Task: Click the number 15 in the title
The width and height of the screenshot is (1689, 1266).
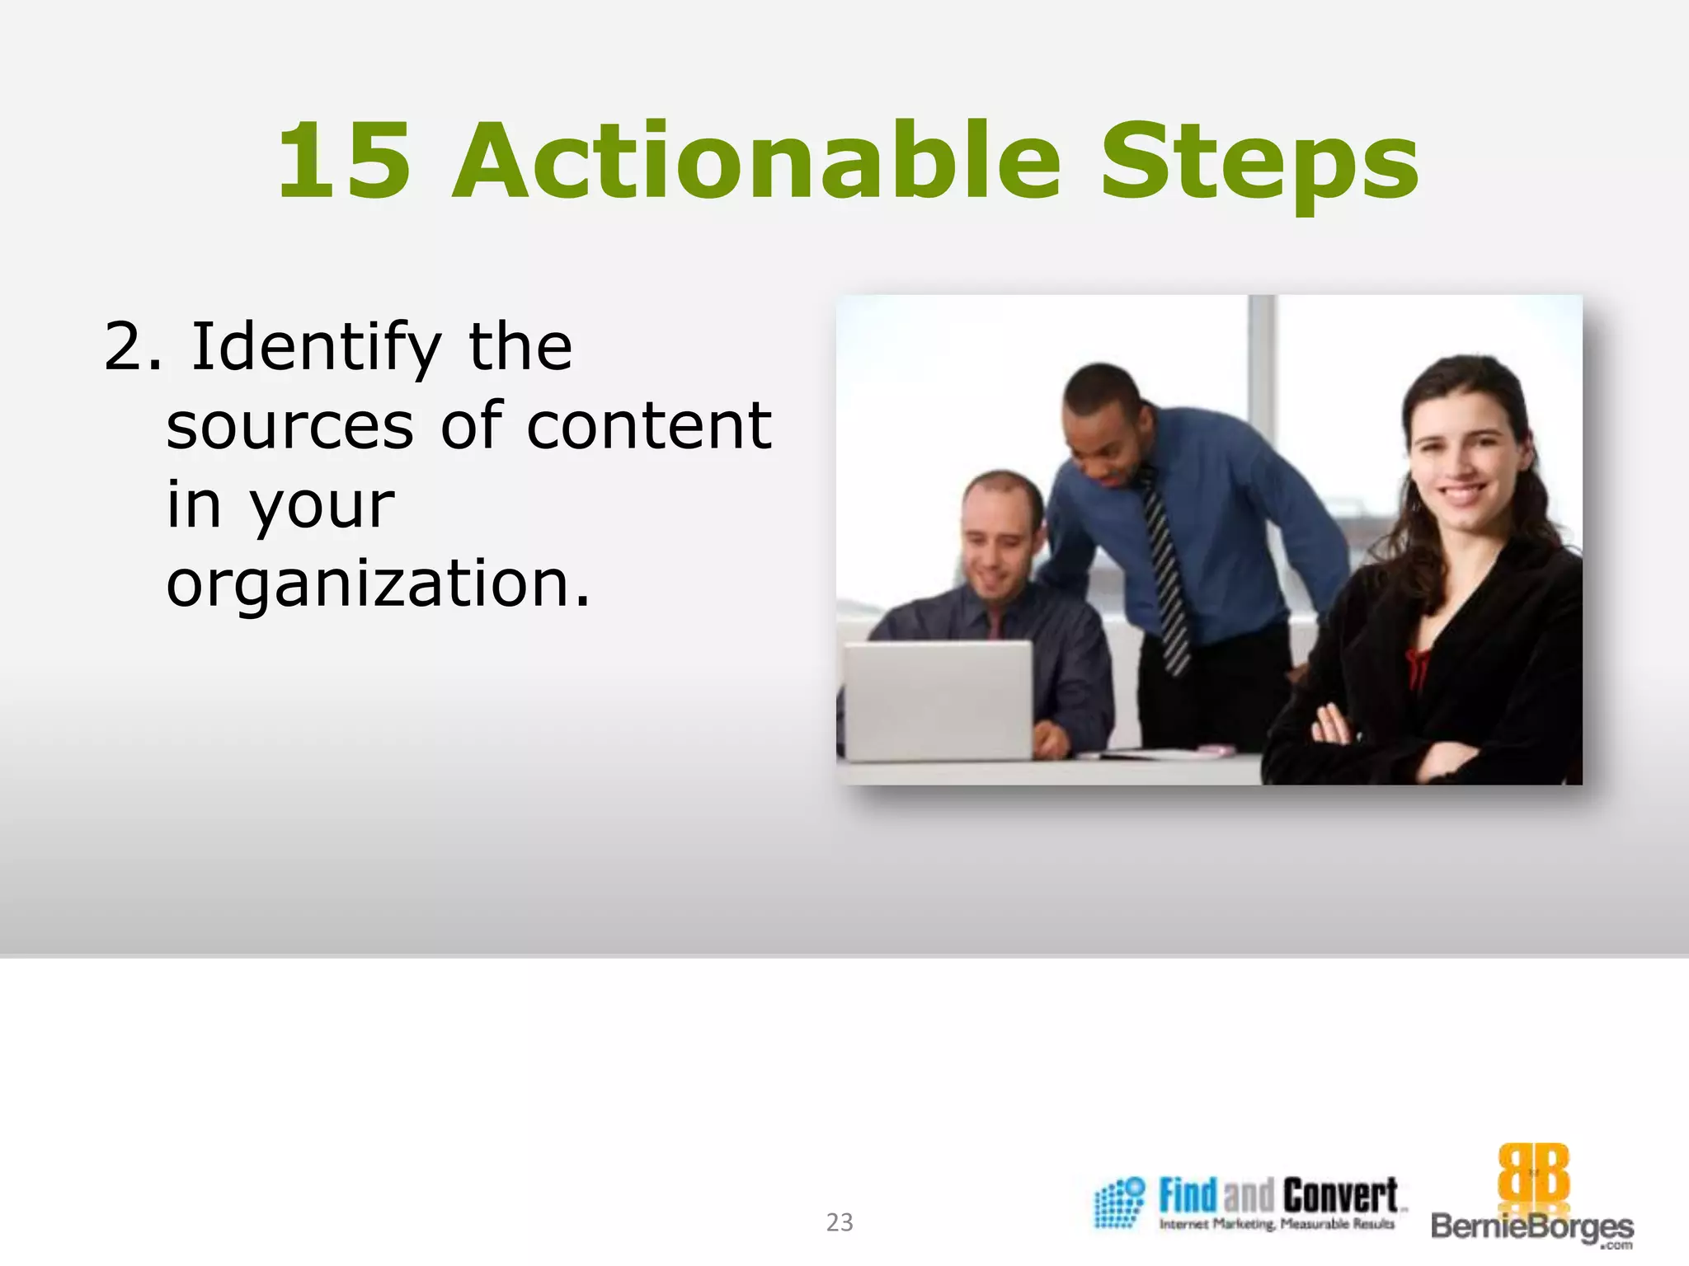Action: click(344, 162)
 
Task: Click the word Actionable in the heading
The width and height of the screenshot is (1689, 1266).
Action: click(756, 162)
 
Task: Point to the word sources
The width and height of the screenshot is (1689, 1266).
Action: click(289, 427)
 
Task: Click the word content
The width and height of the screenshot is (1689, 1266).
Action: click(648, 427)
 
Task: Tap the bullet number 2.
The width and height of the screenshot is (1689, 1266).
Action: click(124, 348)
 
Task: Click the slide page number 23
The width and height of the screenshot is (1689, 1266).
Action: click(840, 1222)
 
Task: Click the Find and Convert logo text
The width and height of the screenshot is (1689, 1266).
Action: click(1277, 1197)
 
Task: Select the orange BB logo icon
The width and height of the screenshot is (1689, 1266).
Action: click(1532, 1174)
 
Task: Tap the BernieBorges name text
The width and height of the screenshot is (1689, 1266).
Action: click(1531, 1226)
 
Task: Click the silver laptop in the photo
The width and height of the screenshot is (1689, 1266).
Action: click(938, 701)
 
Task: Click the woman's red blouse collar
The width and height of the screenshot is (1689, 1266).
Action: click(1415, 668)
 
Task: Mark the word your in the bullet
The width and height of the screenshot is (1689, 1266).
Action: click(322, 504)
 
